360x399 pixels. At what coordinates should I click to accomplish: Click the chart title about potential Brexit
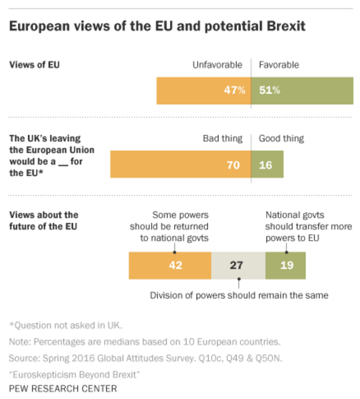157,26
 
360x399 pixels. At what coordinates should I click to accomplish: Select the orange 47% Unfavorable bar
203,90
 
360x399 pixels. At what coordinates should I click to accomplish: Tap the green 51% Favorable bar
302,90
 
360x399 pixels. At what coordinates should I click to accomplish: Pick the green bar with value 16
267,165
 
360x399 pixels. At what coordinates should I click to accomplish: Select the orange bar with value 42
170,265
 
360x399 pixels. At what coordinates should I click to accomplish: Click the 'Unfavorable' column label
217,65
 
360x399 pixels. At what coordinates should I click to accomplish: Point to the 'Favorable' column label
279,65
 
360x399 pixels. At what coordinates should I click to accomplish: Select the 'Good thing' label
281,139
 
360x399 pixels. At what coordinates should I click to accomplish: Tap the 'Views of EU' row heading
34,65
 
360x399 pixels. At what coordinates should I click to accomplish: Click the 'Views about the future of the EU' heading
44,220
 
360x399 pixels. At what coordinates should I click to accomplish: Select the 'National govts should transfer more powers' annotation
308,226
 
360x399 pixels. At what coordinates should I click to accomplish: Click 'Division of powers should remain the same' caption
239,295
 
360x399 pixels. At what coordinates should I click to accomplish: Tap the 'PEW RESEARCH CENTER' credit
63,388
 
